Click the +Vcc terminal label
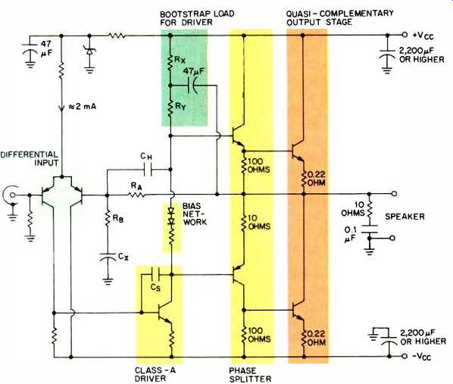coord(423,36)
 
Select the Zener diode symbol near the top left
coord(89,52)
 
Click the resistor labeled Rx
coord(170,63)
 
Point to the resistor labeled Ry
coord(170,108)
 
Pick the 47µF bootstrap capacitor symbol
coord(192,86)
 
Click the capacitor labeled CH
coord(148,170)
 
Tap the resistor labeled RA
coord(136,195)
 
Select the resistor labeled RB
coord(107,219)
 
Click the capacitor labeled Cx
coord(108,256)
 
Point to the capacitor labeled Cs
coord(155,274)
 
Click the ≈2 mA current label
coord(83,107)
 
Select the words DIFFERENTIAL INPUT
coord(30,158)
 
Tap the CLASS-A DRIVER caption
coord(155,374)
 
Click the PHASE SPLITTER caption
coord(250,374)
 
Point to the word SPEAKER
coord(405,217)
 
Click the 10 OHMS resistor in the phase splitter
coord(243,223)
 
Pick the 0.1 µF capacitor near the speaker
coord(369,229)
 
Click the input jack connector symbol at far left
coord(10,196)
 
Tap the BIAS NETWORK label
coord(195,214)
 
